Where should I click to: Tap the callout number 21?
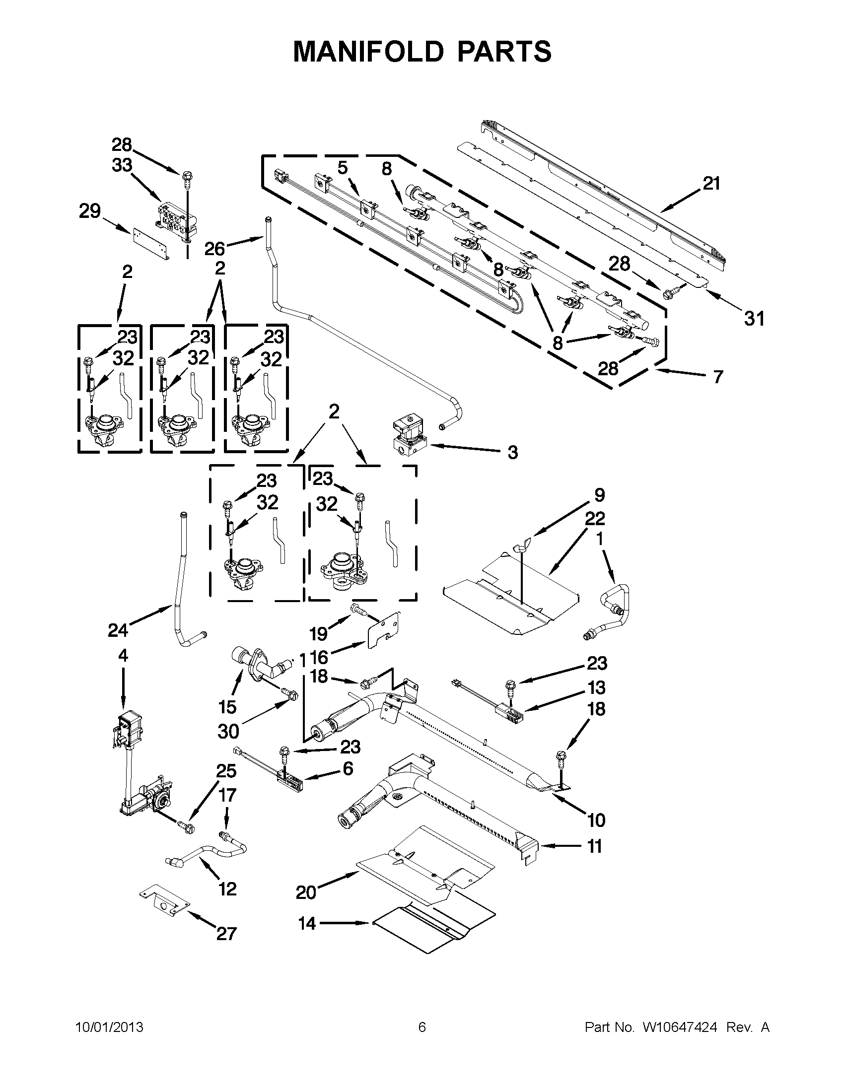pyautogui.click(x=711, y=184)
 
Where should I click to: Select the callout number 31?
pyautogui.click(x=754, y=319)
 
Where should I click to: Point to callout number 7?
pyautogui.click(x=718, y=377)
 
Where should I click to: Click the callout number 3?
pyautogui.click(x=512, y=453)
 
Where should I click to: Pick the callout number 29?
pyautogui.click(x=90, y=211)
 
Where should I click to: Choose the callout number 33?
pyautogui.click(x=122, y=165)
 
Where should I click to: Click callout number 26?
pyautogui.click(x=215, y=248)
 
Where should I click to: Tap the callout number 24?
pyautogui.click(x=118, y=630)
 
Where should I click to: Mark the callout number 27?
pyautogui.click(x=226, y=934)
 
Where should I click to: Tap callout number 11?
pyautogui.click(x=594, y=846)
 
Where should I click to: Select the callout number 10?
pyautogui.click(x=596, y=820)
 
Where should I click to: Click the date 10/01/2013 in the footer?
pyautogui.click(x=109, y=1027)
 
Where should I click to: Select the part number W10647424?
pyautogui.click(x=680, y=1027)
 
